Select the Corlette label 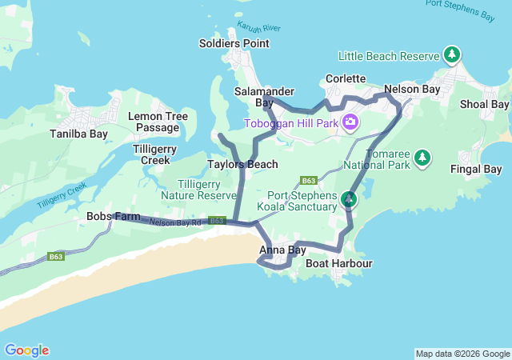[x=346, y=79]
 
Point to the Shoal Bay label [x=484, y=105]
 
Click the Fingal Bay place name [x=476, y=169]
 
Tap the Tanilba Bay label [x=78, y=134]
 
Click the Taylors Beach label [x=242, y=164]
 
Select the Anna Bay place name [x=282, y=250]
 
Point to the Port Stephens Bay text [x=460, y=9]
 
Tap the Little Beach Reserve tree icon [x=453, y=55]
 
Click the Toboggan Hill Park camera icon [x=350, y=122]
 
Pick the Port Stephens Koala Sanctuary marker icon [x=349, y=198]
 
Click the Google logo [x=26, y=350]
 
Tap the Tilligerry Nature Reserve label [x=198, y=189]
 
